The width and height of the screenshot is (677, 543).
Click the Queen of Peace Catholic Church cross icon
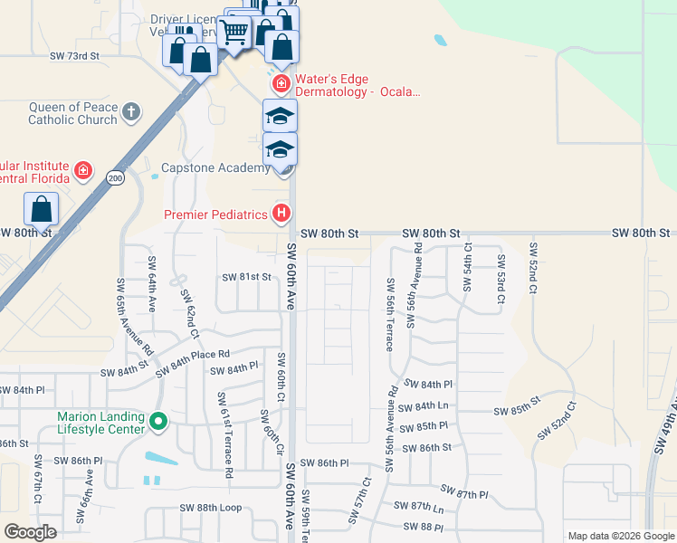coord(131,113)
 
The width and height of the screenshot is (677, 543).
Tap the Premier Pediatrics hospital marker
coord(281,214)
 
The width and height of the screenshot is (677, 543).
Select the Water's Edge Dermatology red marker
coord(281,84)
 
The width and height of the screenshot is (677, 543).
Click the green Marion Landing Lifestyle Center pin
coord(158,422)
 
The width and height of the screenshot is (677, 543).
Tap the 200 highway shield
coord(115,178)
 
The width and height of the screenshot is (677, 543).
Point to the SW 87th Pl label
coord(467,495)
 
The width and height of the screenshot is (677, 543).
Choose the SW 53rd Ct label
coord(500,273)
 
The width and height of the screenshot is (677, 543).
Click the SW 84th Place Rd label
coord(192,363)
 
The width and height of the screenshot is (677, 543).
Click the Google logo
coord(31,532)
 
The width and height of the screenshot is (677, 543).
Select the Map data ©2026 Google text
coord(620,536)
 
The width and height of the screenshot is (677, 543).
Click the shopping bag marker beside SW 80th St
coord(42,210)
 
